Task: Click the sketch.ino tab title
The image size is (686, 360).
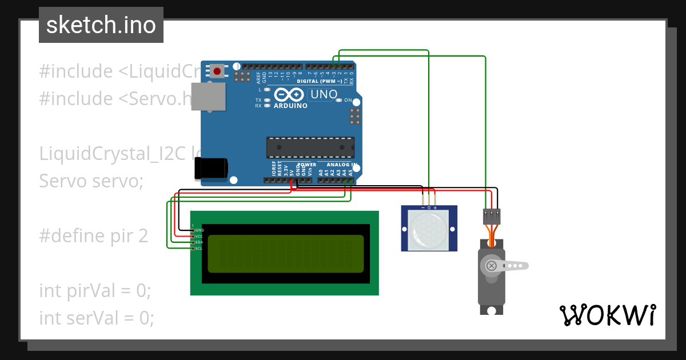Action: click(x=101, y=25)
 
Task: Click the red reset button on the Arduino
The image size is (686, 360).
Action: click(x=217, y=71)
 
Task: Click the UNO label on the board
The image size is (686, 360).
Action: click(x=324, y=94)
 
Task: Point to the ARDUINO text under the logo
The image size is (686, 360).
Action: click(x=290, y=106)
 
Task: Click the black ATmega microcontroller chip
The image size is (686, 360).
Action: click(x=310, y=147)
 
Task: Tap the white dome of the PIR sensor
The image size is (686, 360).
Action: click(x=429, y=230)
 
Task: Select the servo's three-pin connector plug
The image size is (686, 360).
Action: click(x=492, y=216)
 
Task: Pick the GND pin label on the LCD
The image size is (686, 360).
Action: click(x=200, y=230)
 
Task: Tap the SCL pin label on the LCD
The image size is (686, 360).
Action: click(x=199, y=249)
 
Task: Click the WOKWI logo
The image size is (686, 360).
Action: click(x=607, y=315)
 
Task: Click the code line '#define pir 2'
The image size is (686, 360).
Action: click(x=94, y=235)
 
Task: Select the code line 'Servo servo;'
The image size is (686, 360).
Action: click(x=91, y=181)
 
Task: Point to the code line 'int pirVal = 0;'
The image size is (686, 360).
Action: click(x=95, y=290)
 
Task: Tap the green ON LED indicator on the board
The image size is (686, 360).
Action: click(x=338, y=100)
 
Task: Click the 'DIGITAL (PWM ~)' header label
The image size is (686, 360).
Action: click(x=319, y=81)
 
